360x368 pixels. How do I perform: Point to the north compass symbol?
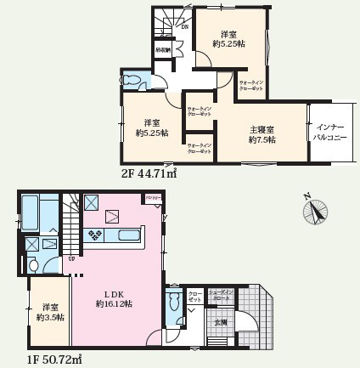[316, 210]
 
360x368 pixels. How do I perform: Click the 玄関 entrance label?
[220, 321]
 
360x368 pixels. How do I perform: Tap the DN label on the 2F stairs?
[185, 27]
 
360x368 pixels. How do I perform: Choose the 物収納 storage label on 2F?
[162, 49]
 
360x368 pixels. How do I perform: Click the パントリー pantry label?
[154, 198]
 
